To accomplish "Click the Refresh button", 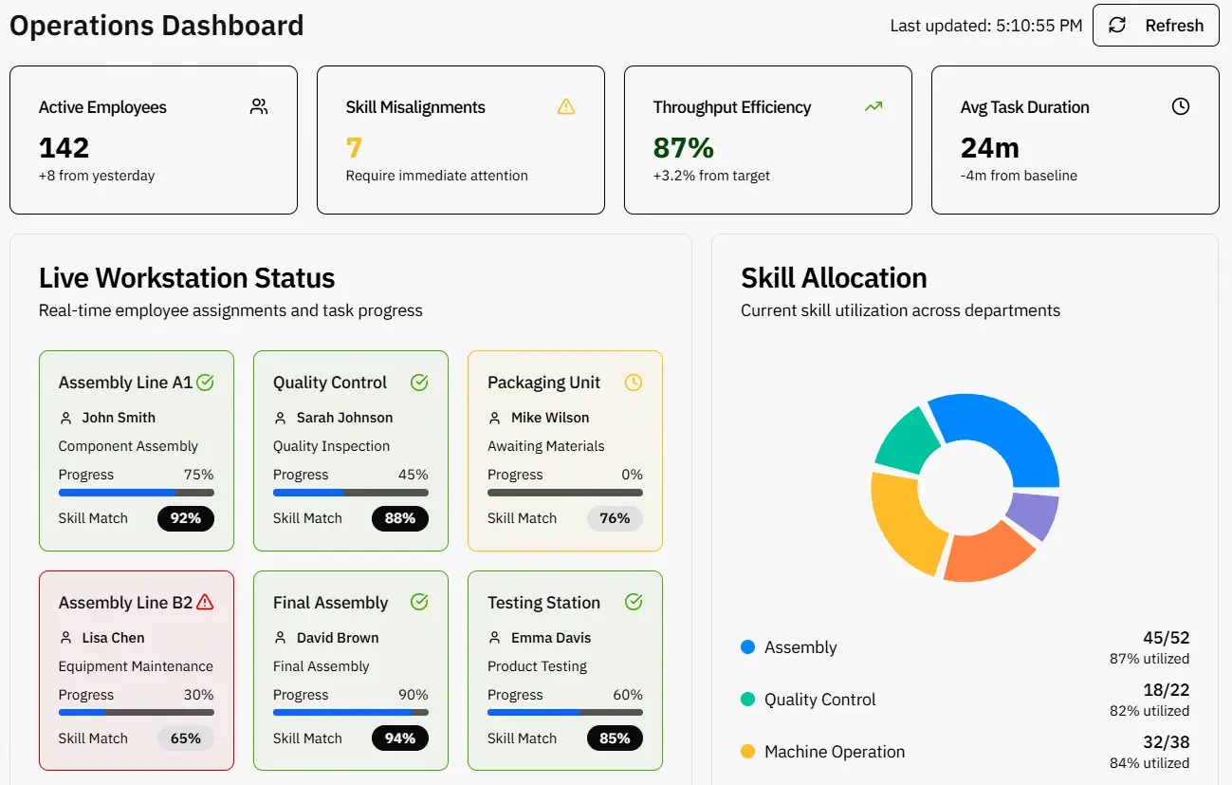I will coord(1155,26).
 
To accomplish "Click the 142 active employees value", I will coord(64,148).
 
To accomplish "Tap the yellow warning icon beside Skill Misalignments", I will coord(566,106).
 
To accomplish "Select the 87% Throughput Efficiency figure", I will coord(683,148).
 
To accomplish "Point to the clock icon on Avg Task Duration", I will coord(1180,106).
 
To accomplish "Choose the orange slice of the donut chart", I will coord(986,556).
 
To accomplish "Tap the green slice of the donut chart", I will coord(906,439).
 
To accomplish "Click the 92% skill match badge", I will coord(186,518).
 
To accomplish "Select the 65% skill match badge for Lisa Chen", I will coord(186,738).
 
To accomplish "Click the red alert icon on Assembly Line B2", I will coord(205,603).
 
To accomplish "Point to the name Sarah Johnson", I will coord(344,418).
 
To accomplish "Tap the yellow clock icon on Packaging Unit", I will coord(634,383).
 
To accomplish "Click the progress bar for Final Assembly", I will coord(350,712).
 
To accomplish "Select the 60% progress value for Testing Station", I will coord(628,695).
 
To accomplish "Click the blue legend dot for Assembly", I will coord(747,647).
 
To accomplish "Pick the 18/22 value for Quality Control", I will coord(1166,690).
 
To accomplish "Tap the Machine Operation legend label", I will coord(835,752).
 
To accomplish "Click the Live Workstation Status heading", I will coord(187,278).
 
